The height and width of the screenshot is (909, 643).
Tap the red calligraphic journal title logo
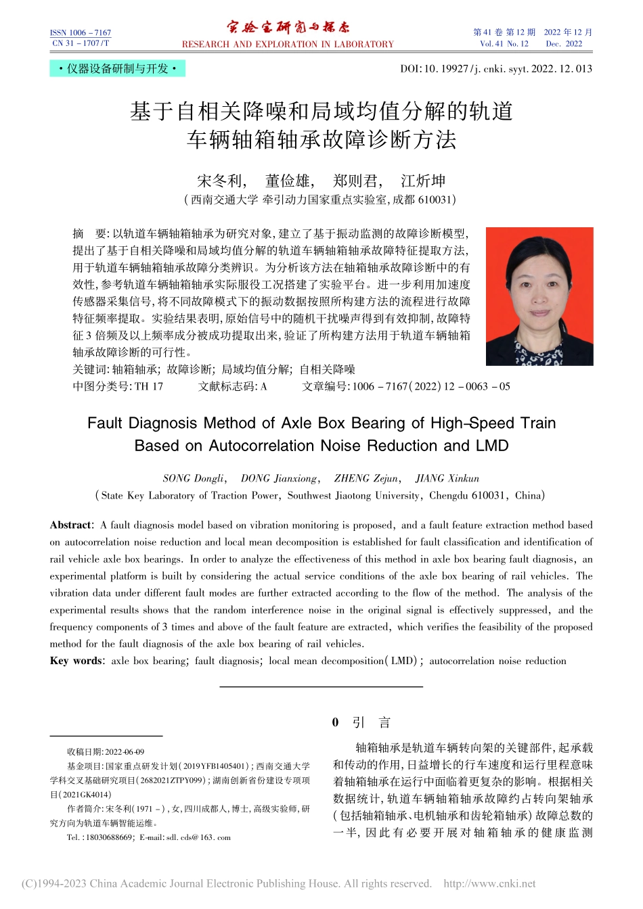pos(288,28)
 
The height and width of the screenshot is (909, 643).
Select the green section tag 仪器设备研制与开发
pos(117,69)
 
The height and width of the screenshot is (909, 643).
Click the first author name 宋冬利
pos(220,181)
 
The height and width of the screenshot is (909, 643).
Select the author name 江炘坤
pos(423,181)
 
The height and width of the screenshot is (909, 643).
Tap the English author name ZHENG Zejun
pos(366,478)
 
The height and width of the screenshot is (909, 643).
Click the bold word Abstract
pos(70,525)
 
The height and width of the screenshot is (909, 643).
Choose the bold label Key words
pos(76,661)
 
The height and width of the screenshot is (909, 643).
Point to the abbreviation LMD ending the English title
pos(492,446)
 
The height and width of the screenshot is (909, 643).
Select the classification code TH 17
pos(149,386)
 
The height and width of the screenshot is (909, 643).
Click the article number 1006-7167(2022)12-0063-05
pos(431,386)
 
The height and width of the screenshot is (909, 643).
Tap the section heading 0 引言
pos(361,722)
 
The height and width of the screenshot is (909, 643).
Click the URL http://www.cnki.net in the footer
pos(489,883)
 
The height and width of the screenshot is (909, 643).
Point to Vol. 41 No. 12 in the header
pos(504,44)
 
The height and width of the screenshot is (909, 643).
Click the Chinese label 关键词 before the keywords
pos(91,369)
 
